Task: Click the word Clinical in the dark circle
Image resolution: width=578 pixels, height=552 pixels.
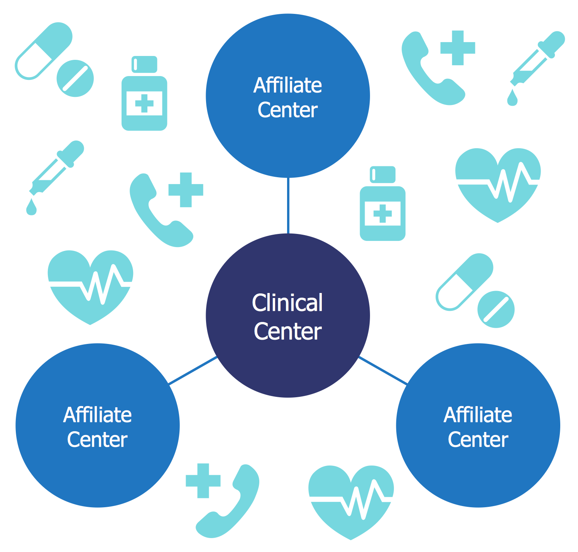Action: click(x=287, y=302)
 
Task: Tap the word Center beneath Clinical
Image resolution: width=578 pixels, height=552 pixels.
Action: click(x=287, y=331)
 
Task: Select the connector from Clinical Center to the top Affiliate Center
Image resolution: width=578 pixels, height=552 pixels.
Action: click(x=288, y=206)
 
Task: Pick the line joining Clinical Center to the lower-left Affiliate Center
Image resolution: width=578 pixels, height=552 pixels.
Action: click(x=193, y=370)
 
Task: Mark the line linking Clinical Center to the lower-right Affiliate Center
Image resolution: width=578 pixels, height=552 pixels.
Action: click(x=383, y=370)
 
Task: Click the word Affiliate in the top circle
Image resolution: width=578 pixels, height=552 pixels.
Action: click(x=287, y=85)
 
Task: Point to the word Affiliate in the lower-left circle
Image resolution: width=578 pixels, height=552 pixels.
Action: click(x=97, y=415)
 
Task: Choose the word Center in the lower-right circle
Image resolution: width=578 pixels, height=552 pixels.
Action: click(x=478, y=440)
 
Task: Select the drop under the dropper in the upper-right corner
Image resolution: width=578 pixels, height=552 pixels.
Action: click(x=512, y=98)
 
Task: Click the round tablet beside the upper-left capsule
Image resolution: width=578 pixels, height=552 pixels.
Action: click(x=75, y=78)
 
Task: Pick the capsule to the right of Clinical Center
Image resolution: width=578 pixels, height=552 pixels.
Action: click(x=464, y=282)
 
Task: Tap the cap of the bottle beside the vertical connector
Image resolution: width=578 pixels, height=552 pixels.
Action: click(x=382, y=174)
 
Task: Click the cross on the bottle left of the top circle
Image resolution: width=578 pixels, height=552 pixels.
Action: click(x=144, y=103)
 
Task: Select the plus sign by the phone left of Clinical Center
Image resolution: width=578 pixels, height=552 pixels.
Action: click(x=186, y=190)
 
